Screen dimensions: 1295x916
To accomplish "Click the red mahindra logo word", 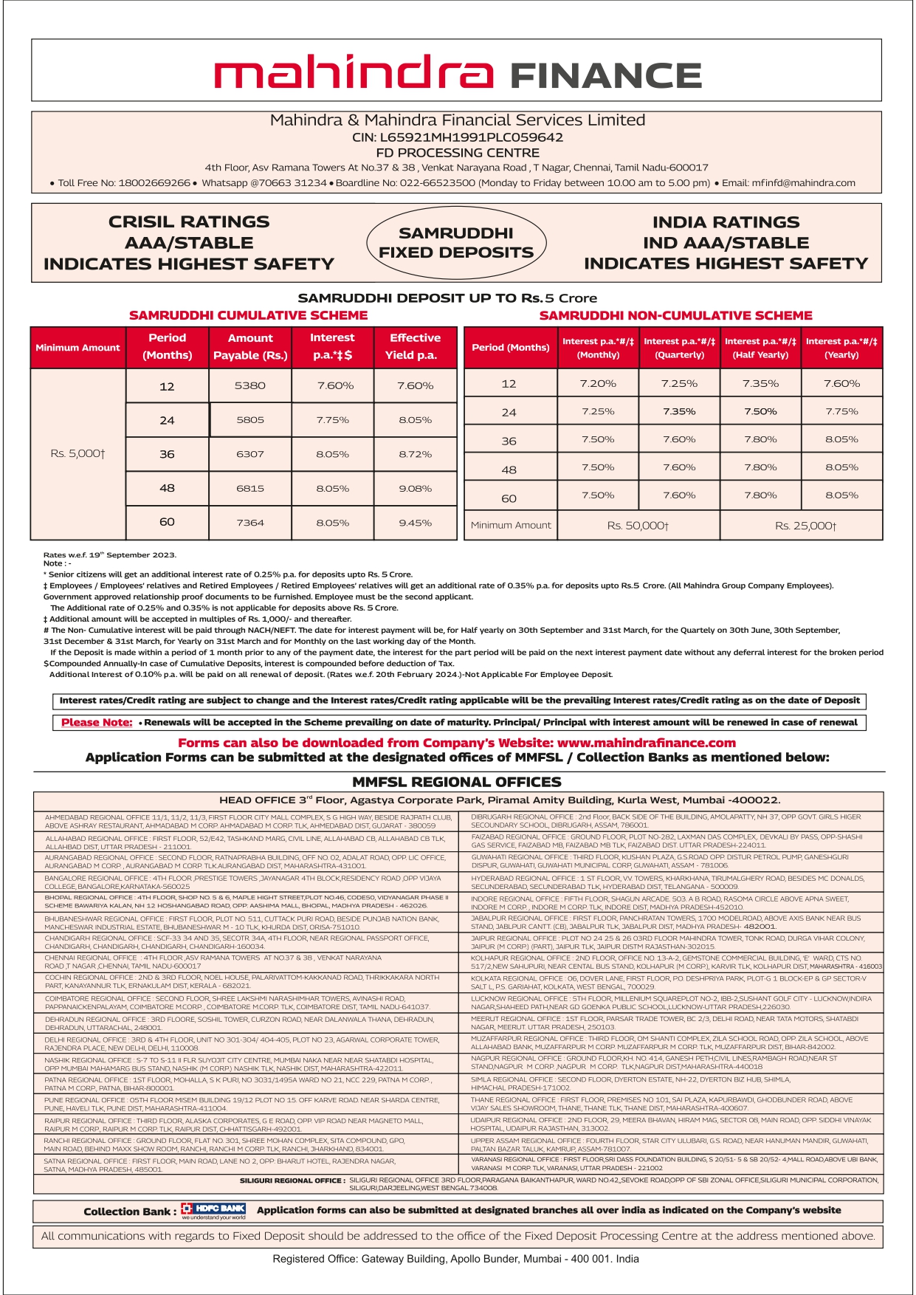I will [x=353, y=74].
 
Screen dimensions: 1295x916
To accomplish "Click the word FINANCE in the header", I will [x=605, y=76].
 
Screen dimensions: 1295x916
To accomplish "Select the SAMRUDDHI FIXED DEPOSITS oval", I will [x=456, y=243].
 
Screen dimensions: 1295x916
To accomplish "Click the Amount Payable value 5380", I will [x=250, y=385].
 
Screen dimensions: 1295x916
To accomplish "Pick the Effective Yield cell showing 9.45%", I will [x=415, y=523].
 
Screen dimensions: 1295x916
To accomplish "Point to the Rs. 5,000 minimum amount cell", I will [x=78, y=453].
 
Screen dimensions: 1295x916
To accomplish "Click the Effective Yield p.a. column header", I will [x=415, y=346].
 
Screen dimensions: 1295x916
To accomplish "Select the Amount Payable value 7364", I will [x=250, y=523].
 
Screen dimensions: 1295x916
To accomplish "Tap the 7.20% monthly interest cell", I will [x=598, y=384].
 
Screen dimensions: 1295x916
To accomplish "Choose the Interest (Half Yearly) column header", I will [x=760, y=348].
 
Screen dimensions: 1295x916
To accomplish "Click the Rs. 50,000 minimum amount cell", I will [x=638, y=526].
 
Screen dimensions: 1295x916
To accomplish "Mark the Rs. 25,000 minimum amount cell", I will [x=805, y=526].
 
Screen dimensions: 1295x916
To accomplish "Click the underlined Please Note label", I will [x=97, y=723].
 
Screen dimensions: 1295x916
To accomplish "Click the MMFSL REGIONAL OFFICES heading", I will [x=456, y=782].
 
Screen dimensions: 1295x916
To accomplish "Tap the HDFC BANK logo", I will [x=213, y=1211].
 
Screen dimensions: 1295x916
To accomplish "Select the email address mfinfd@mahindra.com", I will [x=802, y=183].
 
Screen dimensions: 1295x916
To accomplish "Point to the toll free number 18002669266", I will [x=154, y=183].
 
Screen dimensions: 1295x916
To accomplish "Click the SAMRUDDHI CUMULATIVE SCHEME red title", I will [x=248, y=315].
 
